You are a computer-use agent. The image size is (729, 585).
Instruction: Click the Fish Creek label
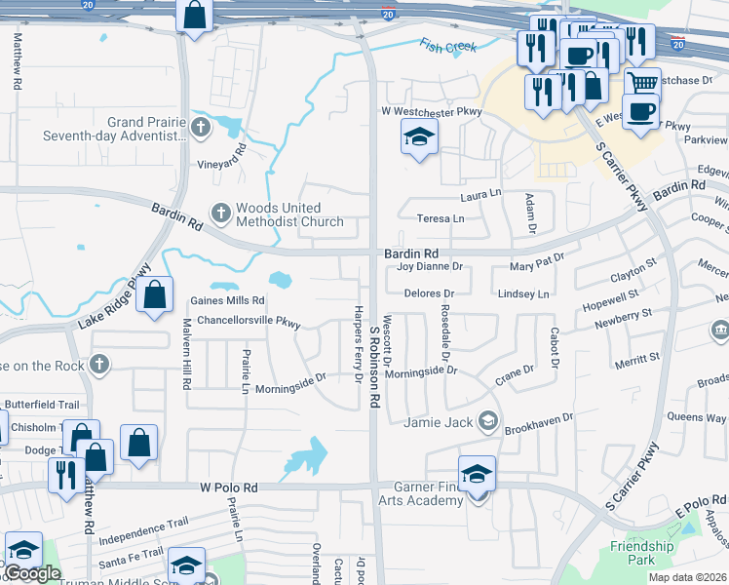pos(447,45)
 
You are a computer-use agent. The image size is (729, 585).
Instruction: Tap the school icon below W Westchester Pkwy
pos(418,139)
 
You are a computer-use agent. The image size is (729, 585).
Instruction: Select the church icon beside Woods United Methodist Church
pos(221,212)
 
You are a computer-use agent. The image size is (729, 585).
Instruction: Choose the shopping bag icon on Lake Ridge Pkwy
pos(155,294)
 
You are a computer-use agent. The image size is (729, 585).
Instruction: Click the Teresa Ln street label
pos(441,218)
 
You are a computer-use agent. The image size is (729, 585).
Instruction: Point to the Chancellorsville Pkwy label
pos(249,320)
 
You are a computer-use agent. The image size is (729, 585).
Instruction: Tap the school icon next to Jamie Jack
pos(487,421)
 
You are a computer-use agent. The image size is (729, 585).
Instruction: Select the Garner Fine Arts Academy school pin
pos(477,475)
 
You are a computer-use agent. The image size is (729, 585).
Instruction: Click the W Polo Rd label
pos(229,487)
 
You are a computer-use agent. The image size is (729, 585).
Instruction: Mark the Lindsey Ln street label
pos(524,293)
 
